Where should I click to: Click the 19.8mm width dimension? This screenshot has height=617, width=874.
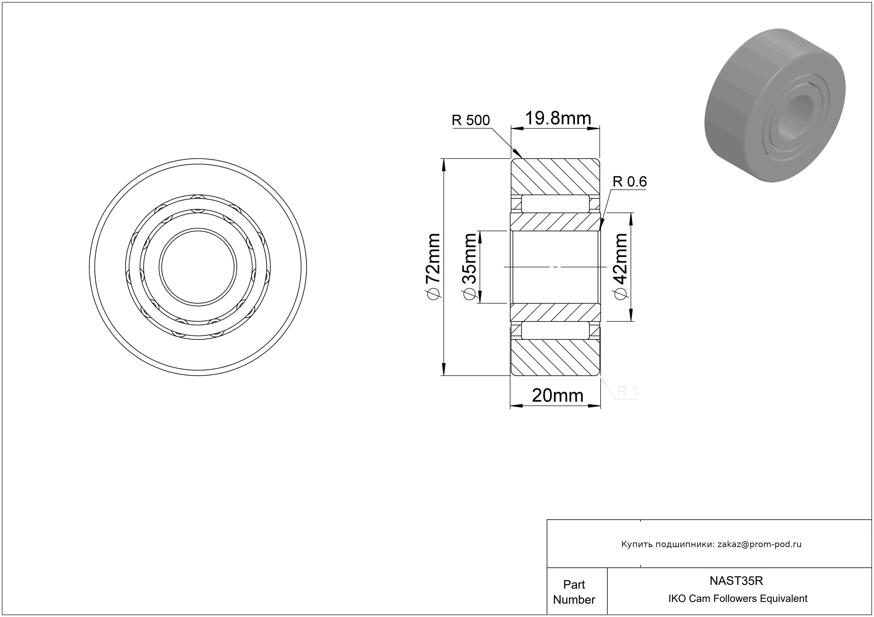(558, 119)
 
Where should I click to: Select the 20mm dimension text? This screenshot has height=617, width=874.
(558, 396)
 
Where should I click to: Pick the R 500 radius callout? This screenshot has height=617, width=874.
(471, 120)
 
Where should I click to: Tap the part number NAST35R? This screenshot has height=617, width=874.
(736, 581)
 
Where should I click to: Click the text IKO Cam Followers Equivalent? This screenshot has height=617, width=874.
(738, 599)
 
